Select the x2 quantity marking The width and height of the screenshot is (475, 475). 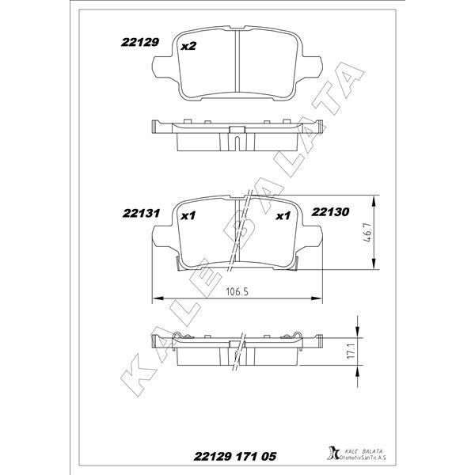188,47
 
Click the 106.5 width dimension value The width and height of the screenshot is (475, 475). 237,291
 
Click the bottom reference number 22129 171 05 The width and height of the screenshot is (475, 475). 234,457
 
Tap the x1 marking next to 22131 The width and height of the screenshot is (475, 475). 188,215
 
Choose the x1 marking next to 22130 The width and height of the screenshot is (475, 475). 283,215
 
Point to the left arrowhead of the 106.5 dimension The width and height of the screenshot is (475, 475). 155,298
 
